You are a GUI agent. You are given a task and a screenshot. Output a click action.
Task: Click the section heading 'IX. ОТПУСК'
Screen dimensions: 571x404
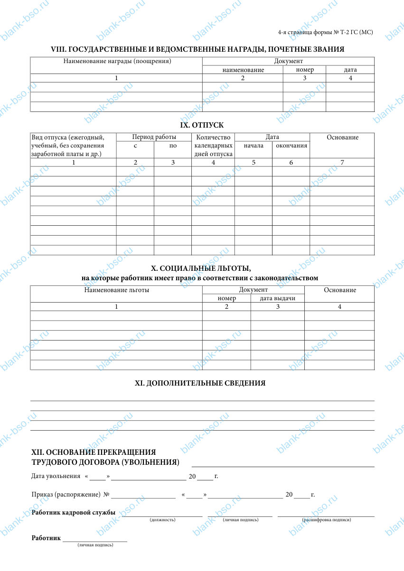pyautogui.click(x=202, y=125)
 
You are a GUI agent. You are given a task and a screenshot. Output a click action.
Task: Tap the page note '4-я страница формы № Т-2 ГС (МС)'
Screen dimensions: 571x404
pyautogui.click(x=325, y=32)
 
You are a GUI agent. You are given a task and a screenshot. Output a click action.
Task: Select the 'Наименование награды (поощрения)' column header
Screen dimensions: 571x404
pyautogui.click(x=117, y=61)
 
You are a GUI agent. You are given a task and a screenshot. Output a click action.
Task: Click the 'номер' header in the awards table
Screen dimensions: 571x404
pyautogui.click(x=304, y=70)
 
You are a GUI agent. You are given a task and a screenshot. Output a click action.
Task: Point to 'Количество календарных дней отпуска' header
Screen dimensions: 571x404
pyautogui.click(x=213, y=146)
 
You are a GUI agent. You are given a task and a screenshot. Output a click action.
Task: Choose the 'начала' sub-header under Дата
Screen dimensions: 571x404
pyautogui.click(x=254, y=146)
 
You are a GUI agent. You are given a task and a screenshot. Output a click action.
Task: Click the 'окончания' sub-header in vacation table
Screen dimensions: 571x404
pyautogui.click(x=291, y=146)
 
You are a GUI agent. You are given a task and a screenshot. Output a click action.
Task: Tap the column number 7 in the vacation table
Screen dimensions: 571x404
pyautogui.click(x=342, y=163)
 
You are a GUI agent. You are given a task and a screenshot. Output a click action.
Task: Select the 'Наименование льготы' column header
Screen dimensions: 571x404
pyautogui.click(x=117, y=290)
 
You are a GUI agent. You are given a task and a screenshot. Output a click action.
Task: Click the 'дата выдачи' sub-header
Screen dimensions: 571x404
pyautogui.click(x=278, y=298)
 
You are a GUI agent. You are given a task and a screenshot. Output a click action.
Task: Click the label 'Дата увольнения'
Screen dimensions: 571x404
pyautogui.click(x=56, y=476)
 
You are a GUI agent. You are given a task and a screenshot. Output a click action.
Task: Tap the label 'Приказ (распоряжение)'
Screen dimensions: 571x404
pyautogui.click(x=66, y=495)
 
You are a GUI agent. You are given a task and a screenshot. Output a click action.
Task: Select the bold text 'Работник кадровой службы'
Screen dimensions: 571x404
pyautogui.click(x=74, y=513)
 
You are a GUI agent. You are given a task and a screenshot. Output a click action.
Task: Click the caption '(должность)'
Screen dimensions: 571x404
pyautogui.click(x=162, y=520)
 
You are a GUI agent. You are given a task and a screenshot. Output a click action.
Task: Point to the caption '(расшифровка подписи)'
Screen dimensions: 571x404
pyautogui.click(x=326, y=520)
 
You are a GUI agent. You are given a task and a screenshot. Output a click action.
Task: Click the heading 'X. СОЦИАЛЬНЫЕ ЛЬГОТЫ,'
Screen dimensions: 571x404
pyautogui.click(x=200, y=269)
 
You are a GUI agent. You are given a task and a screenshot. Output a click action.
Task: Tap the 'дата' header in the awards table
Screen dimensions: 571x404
pyautogui.click(x=350, y=70)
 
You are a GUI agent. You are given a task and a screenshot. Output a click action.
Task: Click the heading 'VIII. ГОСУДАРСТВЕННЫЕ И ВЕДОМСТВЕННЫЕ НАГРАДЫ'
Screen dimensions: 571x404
pyautogui.click(x=197, y=49)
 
